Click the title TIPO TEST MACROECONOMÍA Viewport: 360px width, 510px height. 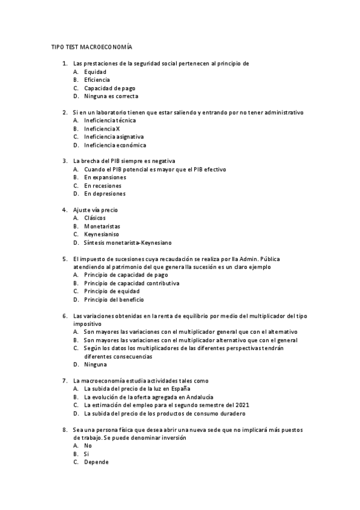point(91,47)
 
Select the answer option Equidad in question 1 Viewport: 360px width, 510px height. point(95,72)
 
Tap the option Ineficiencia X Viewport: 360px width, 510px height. point(102,129)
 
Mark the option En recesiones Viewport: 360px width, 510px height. point(102,186)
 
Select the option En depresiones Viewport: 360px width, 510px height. point(105,194)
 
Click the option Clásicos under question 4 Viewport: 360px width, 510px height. point(95,218)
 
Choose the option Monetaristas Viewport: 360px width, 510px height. point(102,226)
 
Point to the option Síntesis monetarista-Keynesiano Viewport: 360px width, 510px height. point(127,242)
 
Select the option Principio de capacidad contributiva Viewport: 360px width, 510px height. point(132,283)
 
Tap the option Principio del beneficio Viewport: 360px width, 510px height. point(114,300)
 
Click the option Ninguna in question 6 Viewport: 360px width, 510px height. point(96,364)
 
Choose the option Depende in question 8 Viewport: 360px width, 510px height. point(96,462)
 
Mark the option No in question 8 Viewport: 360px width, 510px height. point(88,446)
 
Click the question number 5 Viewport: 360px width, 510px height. point(64,259)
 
